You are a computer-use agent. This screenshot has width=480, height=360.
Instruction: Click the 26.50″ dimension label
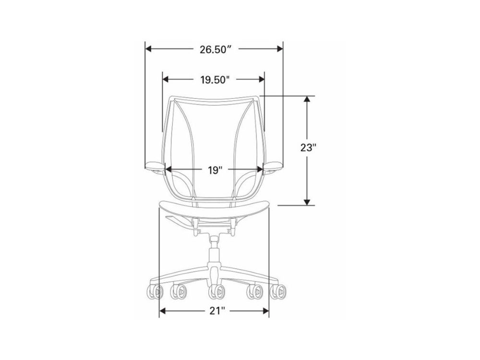(215, 49)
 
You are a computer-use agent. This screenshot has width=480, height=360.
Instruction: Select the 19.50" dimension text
(215, 80)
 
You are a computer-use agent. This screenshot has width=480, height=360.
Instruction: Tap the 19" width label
(215, 170)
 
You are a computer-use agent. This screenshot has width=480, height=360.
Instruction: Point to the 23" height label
(308, 147)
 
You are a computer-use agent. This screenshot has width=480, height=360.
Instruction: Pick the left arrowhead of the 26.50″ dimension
(149, 48)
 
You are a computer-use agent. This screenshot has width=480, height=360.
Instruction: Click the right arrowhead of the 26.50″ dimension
(279, 48)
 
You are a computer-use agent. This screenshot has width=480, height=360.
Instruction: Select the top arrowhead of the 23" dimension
(307, 100)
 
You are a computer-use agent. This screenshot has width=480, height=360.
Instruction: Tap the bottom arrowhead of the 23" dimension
(307, 202)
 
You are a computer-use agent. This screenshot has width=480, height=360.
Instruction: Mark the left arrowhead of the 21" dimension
(163, 312)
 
